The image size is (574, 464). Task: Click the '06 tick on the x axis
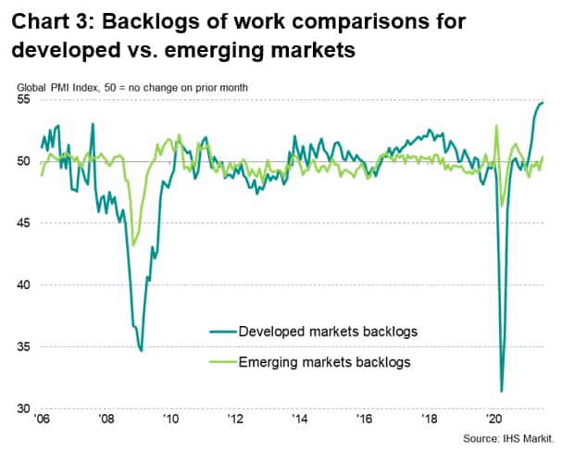(43, 420)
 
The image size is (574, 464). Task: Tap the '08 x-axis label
(106, 420)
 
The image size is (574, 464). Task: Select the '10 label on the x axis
(171, 420)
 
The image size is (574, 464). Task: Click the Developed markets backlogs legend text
(328, 331)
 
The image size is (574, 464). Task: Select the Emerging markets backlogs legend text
(324, 361)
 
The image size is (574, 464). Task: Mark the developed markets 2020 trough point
(501, 392)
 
